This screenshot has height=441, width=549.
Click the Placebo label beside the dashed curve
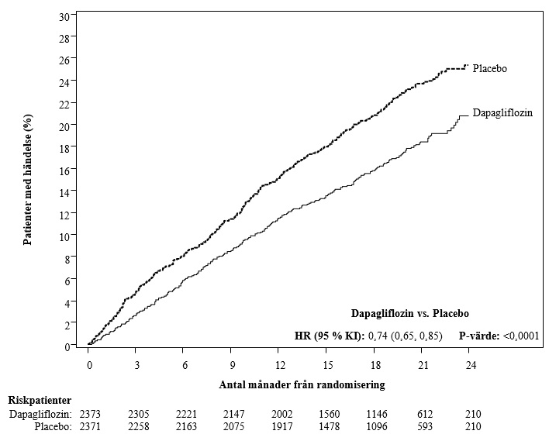pos(489,68)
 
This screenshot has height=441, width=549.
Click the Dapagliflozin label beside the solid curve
pos(502,112)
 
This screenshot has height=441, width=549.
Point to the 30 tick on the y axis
pos(65,16)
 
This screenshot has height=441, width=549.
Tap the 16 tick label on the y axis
pos(65,170)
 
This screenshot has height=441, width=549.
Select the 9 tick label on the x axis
pos(233,365)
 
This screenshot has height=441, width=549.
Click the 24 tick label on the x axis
pos(471,365)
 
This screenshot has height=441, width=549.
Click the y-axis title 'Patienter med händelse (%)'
pos(28,180)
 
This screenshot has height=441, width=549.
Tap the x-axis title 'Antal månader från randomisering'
pos(302,385)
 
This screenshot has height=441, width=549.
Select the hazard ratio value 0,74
pos(378,336)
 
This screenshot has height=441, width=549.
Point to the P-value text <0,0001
pos(521,336)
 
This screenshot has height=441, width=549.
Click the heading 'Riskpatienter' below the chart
pos(40,401)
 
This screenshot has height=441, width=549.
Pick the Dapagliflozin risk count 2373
pos(90,415)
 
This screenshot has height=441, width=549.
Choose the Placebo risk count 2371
pos(90,426)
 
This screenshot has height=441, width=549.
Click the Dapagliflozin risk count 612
pos(425,415)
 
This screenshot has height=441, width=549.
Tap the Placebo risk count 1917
pos(281,426)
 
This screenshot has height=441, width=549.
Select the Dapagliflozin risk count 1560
pos(329,415)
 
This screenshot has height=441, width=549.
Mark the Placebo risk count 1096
pos(377,426)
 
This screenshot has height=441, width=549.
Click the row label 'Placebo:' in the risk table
pos(54,426)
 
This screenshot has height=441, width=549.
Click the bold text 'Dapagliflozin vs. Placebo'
pos(410,314)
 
